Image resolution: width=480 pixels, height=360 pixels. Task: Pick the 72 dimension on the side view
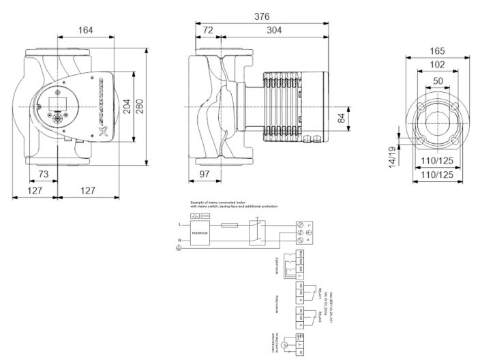[x=209, y=30]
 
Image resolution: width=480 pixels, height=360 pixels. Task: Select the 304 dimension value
[x=275, y=30]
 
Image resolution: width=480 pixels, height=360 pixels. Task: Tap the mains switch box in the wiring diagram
[x=256, y=231]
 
